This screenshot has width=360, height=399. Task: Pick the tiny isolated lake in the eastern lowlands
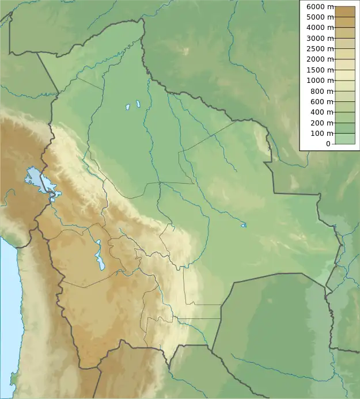click(x=244, y=225)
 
